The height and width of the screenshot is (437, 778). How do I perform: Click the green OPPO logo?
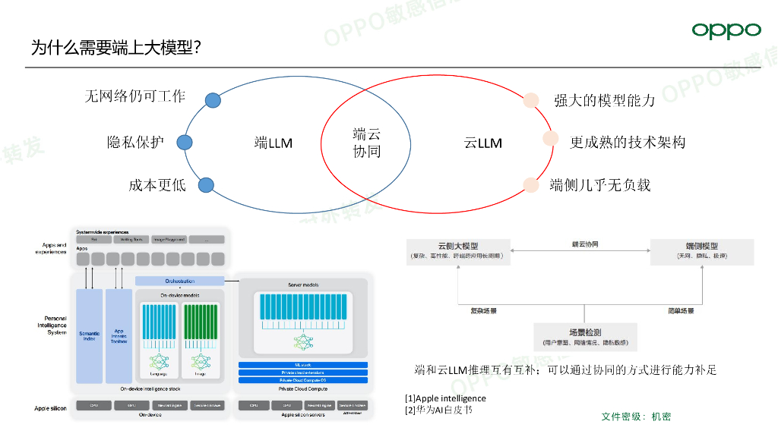coord(726,30)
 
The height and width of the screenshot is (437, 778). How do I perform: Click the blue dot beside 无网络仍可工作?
coord(213,99)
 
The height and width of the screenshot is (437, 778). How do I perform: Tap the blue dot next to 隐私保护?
coord(184,142)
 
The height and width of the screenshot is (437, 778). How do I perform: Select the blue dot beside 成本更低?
coord(206,184)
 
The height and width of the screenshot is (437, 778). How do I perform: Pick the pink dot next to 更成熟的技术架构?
coord(550,139)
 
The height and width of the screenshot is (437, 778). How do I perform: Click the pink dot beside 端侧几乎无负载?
coord(530,184)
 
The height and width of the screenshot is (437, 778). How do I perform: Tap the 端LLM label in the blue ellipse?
coord(274,143)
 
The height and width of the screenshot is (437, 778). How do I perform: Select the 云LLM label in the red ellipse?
coord(483,143)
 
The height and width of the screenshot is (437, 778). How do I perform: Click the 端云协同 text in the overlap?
coord(367,143)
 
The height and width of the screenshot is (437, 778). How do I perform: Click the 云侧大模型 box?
coord(458,251)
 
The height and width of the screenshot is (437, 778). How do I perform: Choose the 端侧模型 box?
coord(701,251)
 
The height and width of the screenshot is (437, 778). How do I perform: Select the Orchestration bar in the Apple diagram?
coord(181,281)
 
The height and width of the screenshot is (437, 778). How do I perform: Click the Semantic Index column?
coord(89,335)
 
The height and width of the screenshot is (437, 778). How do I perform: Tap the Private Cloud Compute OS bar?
coord(303,379)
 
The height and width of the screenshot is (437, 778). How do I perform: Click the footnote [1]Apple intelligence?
coord(445,398)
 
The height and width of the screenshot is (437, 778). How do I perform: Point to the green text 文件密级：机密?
coord(636,417)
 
